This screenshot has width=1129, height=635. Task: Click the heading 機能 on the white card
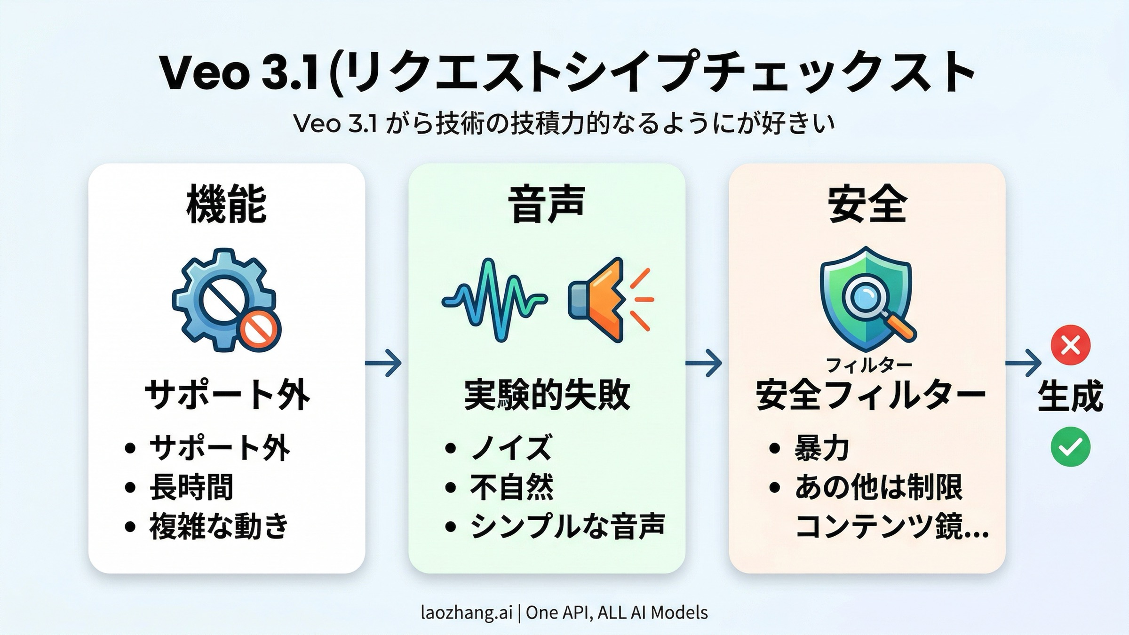(x=226, y=204)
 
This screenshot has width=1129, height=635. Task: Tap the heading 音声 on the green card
(x=547, y=204)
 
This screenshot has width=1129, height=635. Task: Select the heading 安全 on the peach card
(x=867, y=204)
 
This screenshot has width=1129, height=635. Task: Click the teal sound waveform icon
(x=494, y=300)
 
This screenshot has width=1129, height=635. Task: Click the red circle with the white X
(x=1071, y=345)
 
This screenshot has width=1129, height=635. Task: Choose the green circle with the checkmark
(x=1071, y=447)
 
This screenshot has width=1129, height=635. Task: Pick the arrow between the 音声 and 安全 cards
(x=704, y=363)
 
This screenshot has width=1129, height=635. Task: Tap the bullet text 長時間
(x=191, y=487)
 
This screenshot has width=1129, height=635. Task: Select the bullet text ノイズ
(x=511, y=447)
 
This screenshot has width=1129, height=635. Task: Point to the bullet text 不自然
(x=512, y=487)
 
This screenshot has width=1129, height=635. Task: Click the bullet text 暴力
(x=822, y=447)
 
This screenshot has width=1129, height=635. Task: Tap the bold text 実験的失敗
(x=547, y=395)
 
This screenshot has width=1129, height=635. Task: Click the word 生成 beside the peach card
(x=1071, y=396)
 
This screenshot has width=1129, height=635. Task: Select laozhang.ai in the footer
(x=466, y=612)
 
